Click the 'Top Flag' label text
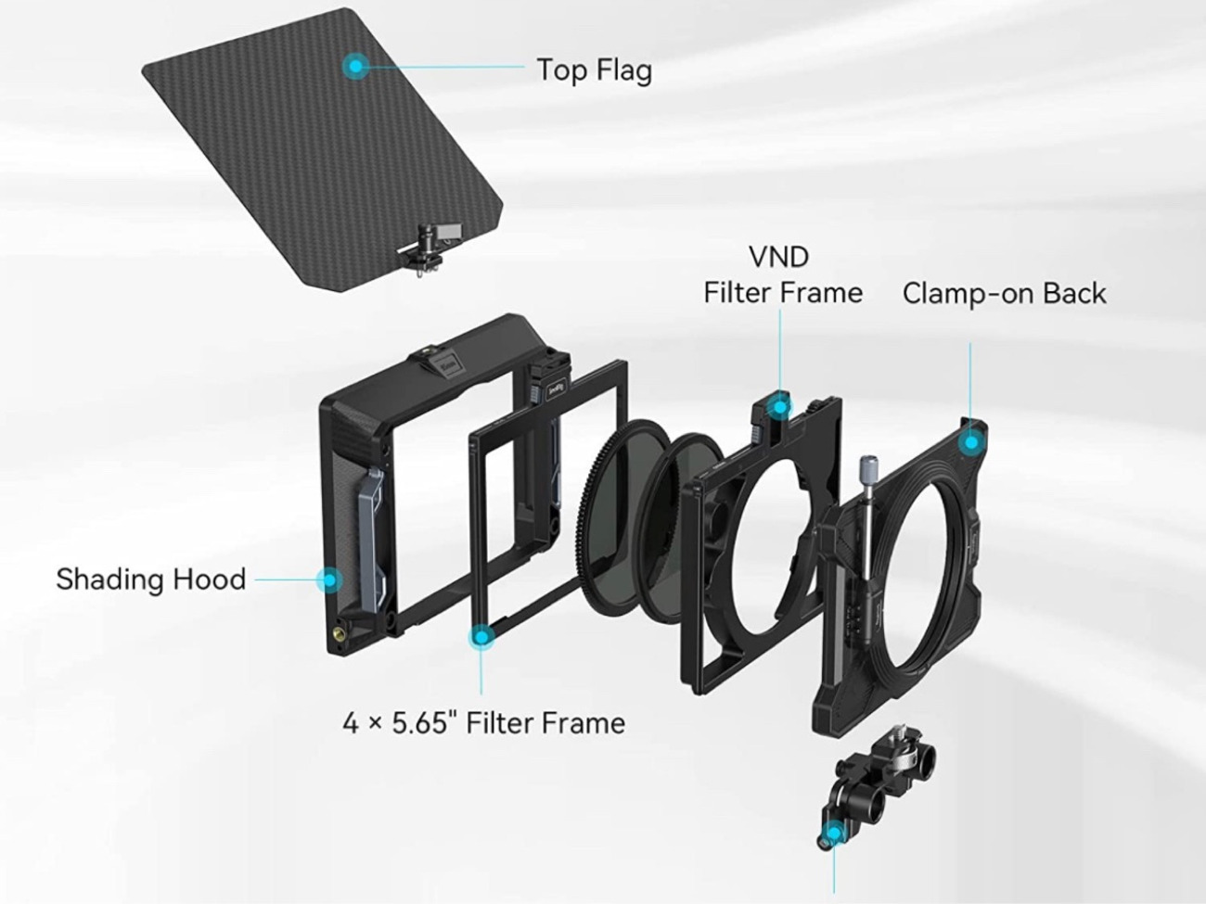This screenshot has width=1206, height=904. pos(595,70)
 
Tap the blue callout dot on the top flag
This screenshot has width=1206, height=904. pos(356,67)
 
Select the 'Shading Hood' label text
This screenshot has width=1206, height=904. pos(151,579)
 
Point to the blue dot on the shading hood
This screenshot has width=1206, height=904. pos(329,579)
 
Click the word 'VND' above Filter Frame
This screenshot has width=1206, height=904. pos(779,257)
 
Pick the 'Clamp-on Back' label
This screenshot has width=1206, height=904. pos(1005,293)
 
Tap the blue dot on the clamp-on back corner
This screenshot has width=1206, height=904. pos(971,442)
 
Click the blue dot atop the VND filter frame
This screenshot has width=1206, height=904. pos(779,407)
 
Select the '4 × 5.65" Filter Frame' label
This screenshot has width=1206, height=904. pos(483,722)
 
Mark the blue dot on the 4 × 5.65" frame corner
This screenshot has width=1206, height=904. pos(481,637)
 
